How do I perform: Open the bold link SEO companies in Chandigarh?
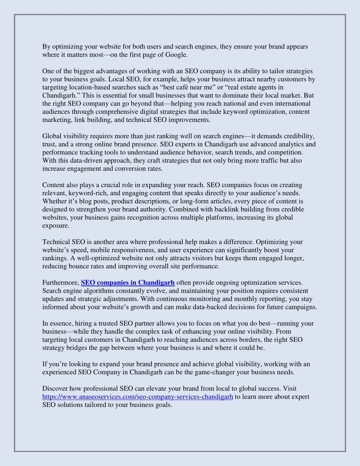point(128,283)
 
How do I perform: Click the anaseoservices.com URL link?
point(137,397)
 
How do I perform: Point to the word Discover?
point(55,389)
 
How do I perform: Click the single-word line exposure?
point(56,226)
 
